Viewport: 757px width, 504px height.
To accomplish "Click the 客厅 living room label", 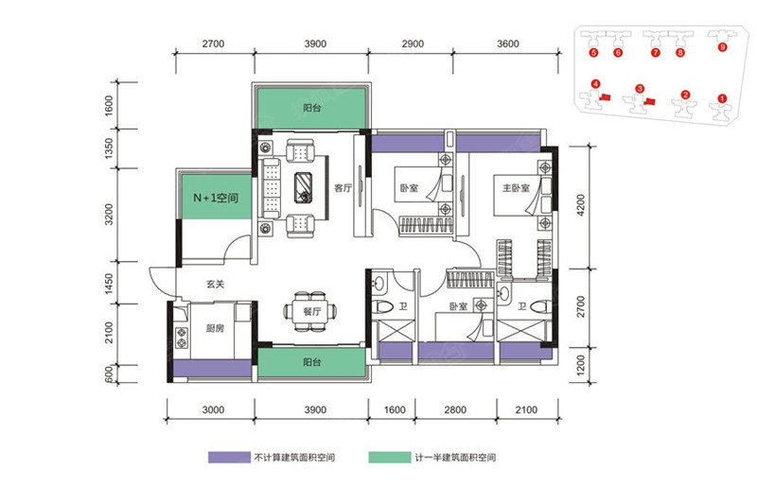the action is pyautogui.click(x=343, y=188).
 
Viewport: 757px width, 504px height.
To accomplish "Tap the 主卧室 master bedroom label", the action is pyautogui.click(x=516, y=187).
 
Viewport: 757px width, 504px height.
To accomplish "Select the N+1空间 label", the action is pyautogui.click(x=216, y=198).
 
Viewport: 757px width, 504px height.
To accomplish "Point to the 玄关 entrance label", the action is pyautogui.click(x=216, y=284).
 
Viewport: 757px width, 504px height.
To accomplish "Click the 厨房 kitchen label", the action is pyautogui.click(x=215, y=328).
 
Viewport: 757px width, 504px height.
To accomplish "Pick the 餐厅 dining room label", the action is pyautogui.click(x=312, y=311).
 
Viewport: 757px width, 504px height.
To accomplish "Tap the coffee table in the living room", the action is pyautogui.click(x=303, y=187).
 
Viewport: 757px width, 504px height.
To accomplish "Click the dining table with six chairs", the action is pyautogui.click(x=310, y=311).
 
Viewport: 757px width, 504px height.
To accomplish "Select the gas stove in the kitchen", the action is pyautogui.click(x=182, y=338).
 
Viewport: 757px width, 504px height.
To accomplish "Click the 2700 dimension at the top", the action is pyautogui.click(x=214, y=43).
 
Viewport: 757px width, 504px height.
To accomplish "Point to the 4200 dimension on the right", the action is pyautogui.click(x=580, y=205).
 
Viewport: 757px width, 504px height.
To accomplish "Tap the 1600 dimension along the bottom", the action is pyautogui.click(x=395, y=410).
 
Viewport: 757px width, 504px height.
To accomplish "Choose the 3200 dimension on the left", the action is pyautogui.click(x=110, y=214).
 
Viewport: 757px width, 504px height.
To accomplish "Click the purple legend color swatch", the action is pyautogui.click(x=229, y=458).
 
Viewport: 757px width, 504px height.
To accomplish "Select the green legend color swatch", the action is pyautogui.click(x=390, y=458).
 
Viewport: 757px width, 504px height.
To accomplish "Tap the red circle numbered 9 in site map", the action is pyautogui.click(x=722, y=47).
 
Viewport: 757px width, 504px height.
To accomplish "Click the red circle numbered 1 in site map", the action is pyautogui.click(x=722, y=98).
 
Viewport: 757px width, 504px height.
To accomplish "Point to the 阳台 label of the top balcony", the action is pyautogui.click(x=312, y=108).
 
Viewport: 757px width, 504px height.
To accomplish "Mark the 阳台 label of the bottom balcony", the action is pyautogui.click(x=311, y=362).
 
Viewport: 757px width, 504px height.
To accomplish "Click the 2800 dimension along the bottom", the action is pyautogui.click(x=455, y=410).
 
